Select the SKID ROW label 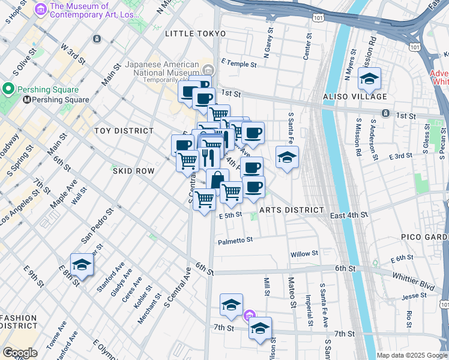pyautogui.click(x=133, y=171)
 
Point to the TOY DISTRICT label pyautogui.click(x=124, y=130)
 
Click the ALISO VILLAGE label pyautogui.click(x=355, y=97)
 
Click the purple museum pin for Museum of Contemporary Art pyautogui.click(x=41, y=9)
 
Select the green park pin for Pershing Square pyautogui.click(x=8, y=89)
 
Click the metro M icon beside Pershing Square pyautogui.click(x=26, y=100)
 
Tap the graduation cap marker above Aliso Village pyautogui.click(x=369, y=79)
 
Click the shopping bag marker pyautogui.click(x=217, y=179)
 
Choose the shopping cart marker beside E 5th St pyautogui.click(x=205, y=199)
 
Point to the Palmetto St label pyautogui.click(x=235, y=240)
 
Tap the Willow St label pyautogui.click(x=304, y=254)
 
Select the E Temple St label pyautogui.click(x=238, y=63)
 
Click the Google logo pyautogui.click(x=20, y=353)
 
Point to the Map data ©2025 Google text pyautogui.click(x=412, y=355)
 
